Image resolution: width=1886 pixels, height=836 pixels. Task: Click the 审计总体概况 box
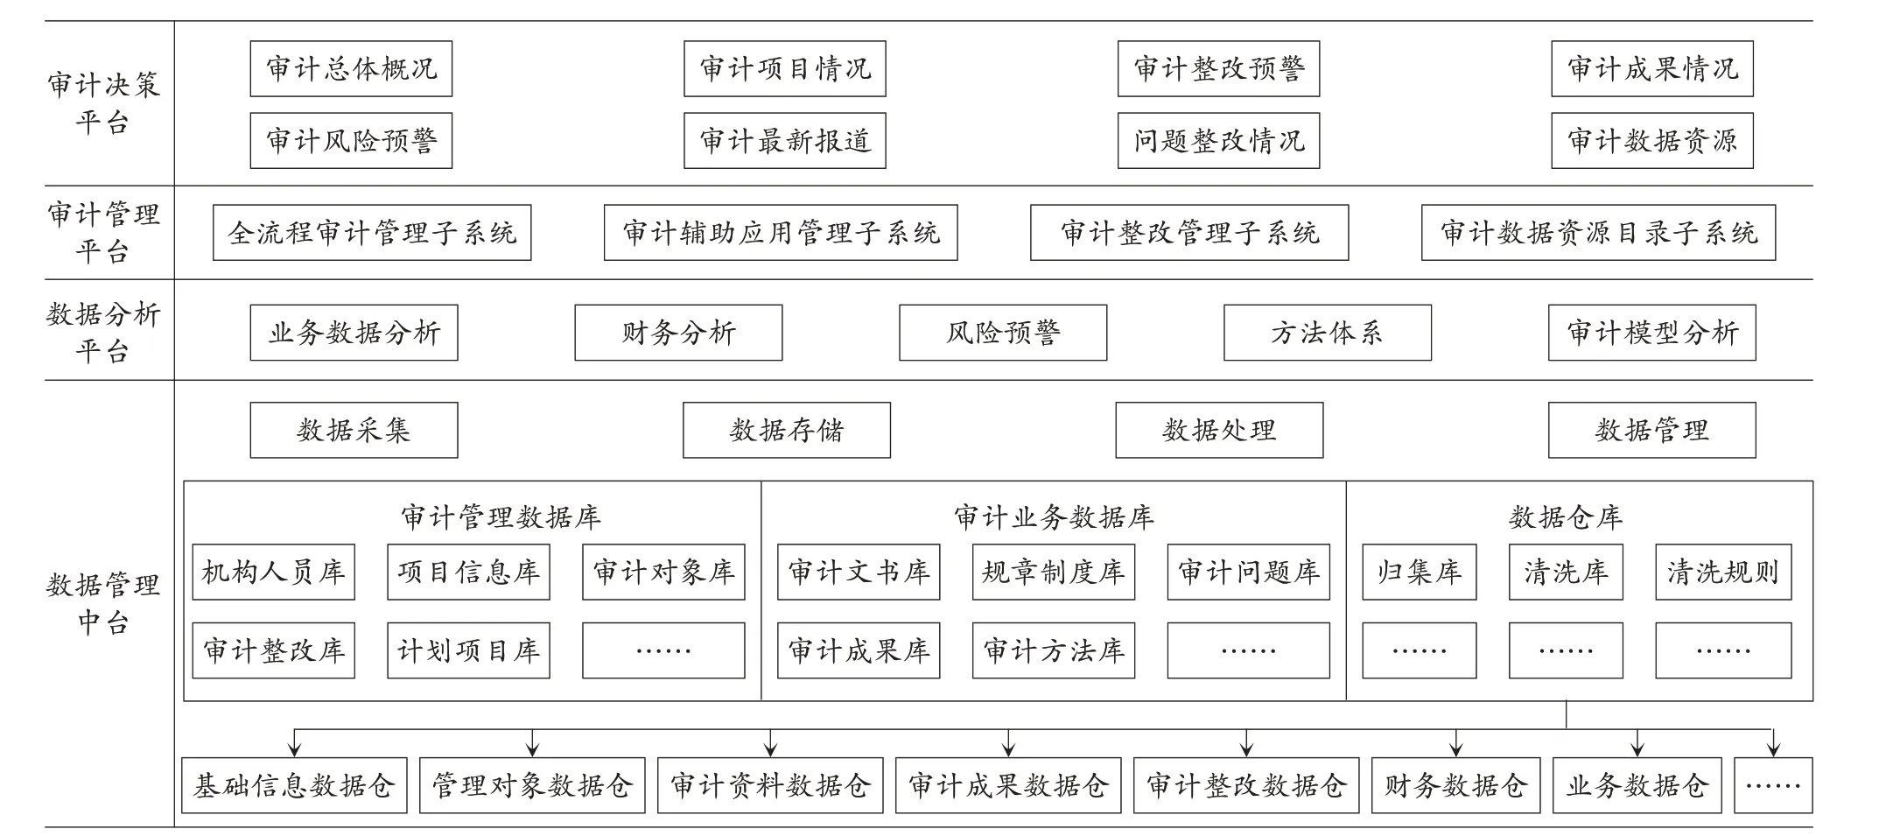[x=351, y=68]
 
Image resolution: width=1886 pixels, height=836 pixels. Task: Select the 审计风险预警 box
[x=351, y=140]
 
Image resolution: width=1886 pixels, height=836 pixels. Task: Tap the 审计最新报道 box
[x=785, y=140]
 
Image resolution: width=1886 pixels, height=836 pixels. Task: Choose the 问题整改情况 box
[x=1218, y=140]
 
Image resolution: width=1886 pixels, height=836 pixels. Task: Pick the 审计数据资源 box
[x=1652, y=140]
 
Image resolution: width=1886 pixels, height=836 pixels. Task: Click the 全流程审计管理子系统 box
[x=372, y=233]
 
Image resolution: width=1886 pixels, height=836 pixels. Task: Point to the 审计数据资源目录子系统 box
[x=1598, y=233]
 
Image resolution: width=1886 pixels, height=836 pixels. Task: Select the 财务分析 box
[x=678, y=333]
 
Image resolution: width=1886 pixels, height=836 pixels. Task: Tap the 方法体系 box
[x=1328, y=333]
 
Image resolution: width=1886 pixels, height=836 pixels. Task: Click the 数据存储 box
[x=787, y=430]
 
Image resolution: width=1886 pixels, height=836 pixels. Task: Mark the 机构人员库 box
[x=274, y=572]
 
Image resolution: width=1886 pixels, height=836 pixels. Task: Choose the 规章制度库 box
[x=1054, y=572]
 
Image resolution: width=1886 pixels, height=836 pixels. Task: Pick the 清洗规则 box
[x=1723, y=572]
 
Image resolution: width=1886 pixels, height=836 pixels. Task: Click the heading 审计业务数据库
[x=1054, y=517]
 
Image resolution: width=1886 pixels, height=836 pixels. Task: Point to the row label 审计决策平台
[x=103, y=103]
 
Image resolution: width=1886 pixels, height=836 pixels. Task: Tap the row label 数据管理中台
[x=103, y=603]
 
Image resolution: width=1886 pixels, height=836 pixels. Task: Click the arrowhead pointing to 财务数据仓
[x=1455, y=749]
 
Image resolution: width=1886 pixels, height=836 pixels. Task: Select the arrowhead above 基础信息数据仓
[x=295, y=749]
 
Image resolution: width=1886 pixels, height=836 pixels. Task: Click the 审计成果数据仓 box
[x=1008, y=785]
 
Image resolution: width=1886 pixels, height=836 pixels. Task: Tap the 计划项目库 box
[x=468, y=650]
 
